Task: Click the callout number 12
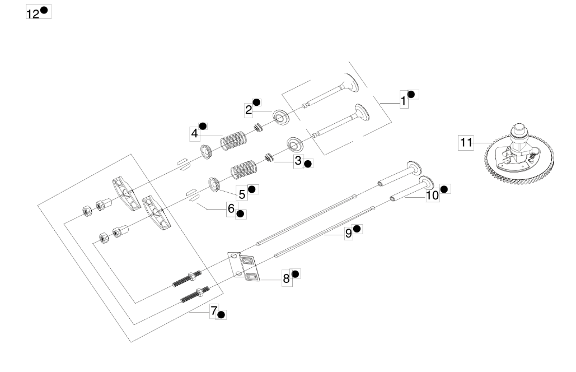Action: pyautogui.click(x=32, y=15)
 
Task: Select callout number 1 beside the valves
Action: pyautogui.click(x=404, y=101)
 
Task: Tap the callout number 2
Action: pyautogui.click(x=249, y=110)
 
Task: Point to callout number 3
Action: pyautogui.click(x=298, y=161)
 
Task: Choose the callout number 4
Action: pyautogui.click(x=194, y=133)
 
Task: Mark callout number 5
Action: pyautogui.click(x=242, y=194)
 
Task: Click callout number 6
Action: pyautogui.click(x=231, y=208)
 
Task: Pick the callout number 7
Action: pyautogui.click(x=214, y=310)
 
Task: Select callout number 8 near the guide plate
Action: pyautogui.click(x=287, y=278)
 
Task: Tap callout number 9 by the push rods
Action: pyautogui.click(x=348, y=234)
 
